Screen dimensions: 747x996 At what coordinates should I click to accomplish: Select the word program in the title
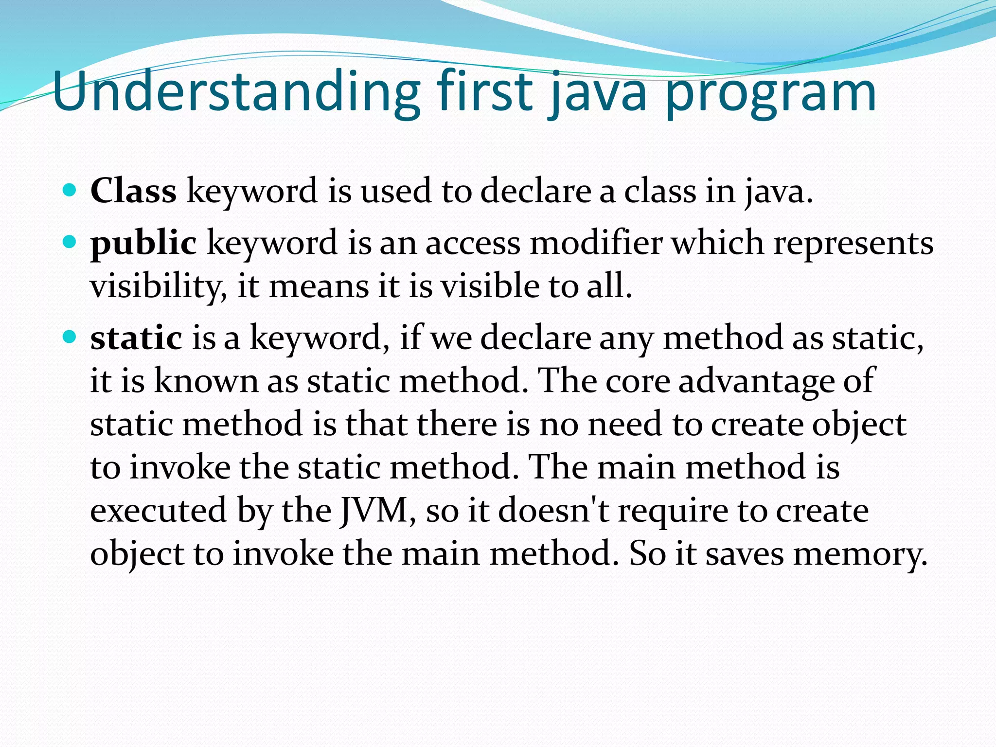point(770,95)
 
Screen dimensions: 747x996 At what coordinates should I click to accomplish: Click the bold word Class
point(133,190)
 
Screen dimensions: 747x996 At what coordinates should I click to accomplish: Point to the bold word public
point(143,243)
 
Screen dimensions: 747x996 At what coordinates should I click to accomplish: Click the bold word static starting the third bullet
point(136,338)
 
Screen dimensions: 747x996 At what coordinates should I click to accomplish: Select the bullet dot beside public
point(70,241)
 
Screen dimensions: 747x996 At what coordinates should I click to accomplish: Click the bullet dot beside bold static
point(70,336)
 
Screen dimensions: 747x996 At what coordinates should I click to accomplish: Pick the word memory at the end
point(860,554)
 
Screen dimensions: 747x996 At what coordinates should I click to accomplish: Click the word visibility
point(158,286)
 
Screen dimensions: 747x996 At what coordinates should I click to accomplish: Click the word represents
point(853,243)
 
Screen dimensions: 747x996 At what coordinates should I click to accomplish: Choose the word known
point(206,380)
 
